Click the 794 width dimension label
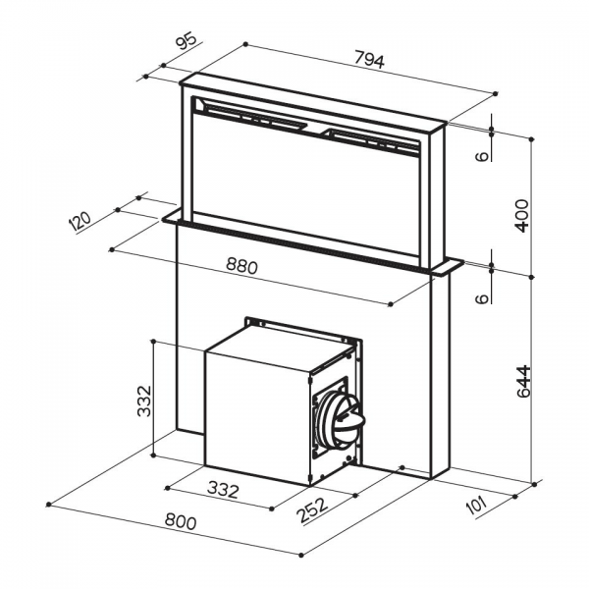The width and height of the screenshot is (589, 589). tap(370, 61)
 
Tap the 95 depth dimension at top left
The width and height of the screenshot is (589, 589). tap(187, 41)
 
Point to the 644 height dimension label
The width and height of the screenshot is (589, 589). tap(523, 381)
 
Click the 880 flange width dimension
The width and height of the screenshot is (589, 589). tap(241, 266)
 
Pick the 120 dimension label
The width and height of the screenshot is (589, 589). tap(80, 221)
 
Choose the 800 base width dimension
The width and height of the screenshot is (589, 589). tap(181, 521)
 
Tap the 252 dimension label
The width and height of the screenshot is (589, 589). tap(312, 510)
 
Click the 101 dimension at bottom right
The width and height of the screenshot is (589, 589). tap(475, 506)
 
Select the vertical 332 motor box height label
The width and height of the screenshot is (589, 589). tap(144, 401)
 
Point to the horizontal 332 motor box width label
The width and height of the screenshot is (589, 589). tap(223, 490)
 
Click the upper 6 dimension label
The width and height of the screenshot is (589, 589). tap(482, 156)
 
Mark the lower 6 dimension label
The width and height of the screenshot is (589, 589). tap(482, 298)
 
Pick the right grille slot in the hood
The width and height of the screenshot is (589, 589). tap(372, 141)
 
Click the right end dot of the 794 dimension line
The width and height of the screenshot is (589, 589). tap(496, 93)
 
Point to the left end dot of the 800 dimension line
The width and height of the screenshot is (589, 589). tap(48, 505)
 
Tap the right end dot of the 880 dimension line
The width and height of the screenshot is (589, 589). tap(391, 304)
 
